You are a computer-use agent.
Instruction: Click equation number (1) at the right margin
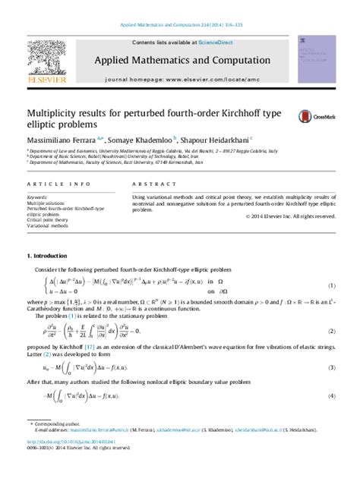tap(331, 285)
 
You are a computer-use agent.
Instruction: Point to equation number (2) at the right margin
tap(331, 332)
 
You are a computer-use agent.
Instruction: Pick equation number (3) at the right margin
tap(331, 368)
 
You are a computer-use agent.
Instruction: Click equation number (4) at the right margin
tap(331, 397)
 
